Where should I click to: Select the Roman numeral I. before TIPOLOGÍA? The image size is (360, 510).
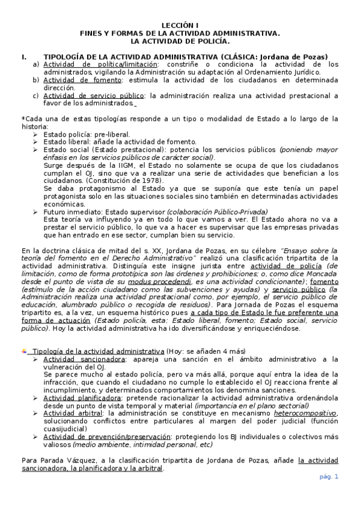pos(24,57)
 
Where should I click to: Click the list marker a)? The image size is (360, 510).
pos(36,64)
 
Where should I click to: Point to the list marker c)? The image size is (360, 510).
pos(36,95)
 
